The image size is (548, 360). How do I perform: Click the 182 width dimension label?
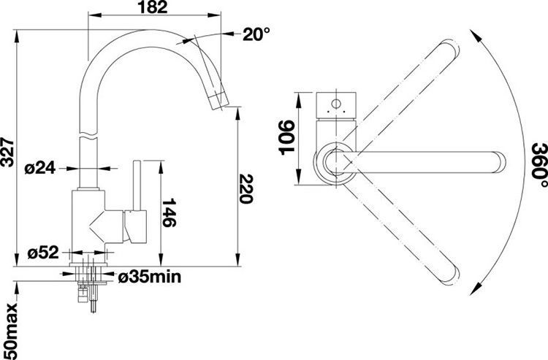coord(153,7)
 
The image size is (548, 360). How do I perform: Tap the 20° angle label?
coord(256,34)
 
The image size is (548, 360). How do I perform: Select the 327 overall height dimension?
coord(7,153)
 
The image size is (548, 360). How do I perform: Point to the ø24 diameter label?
coord(40,169)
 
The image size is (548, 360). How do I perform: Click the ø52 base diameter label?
coord(43,253)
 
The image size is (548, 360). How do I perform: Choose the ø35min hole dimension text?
coord(150,277)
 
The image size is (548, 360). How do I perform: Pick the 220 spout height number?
coord(246,189)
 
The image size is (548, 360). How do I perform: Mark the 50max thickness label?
coord(8,332)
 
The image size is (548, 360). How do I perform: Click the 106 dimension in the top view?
coord(286,137)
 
